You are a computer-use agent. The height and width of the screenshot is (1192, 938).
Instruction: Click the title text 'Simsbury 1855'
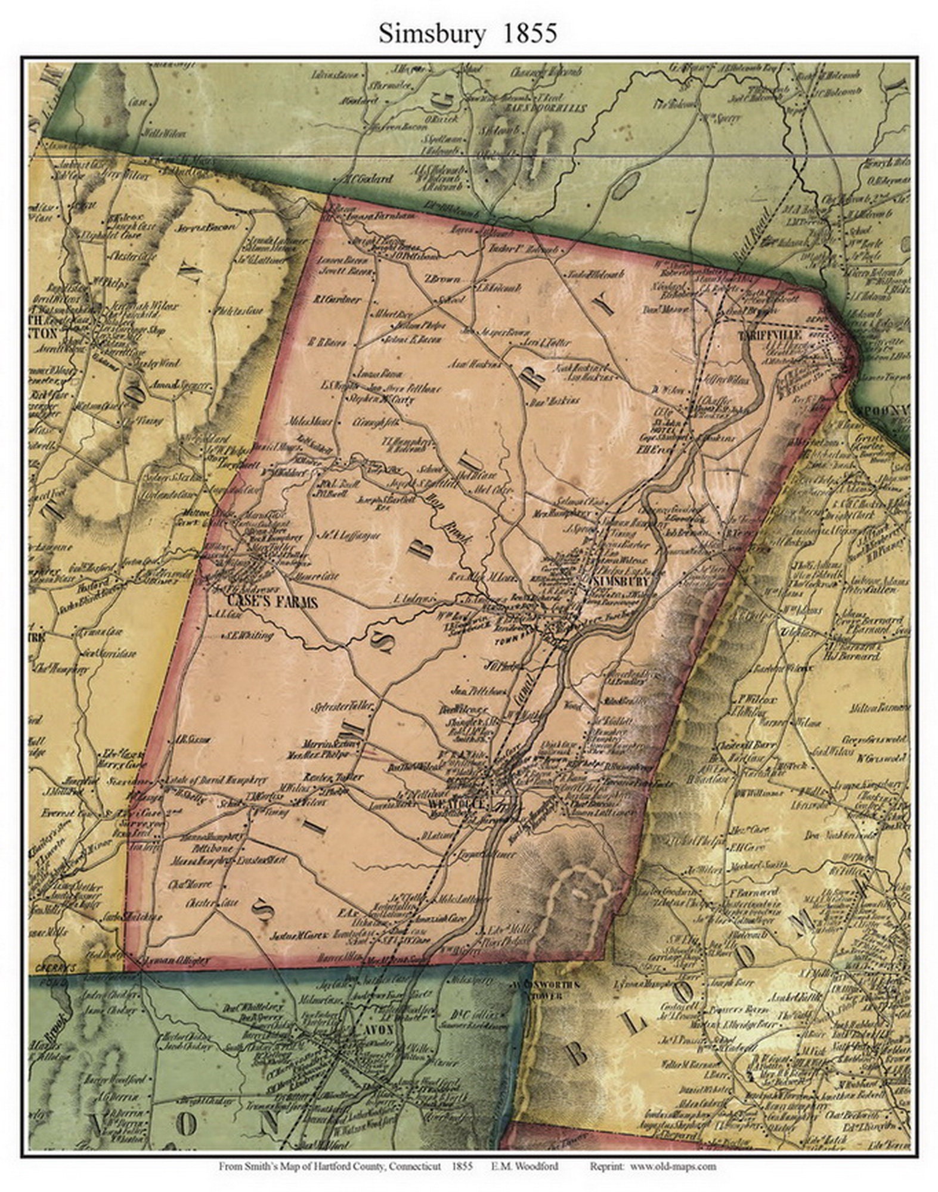(x=468, y=34)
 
